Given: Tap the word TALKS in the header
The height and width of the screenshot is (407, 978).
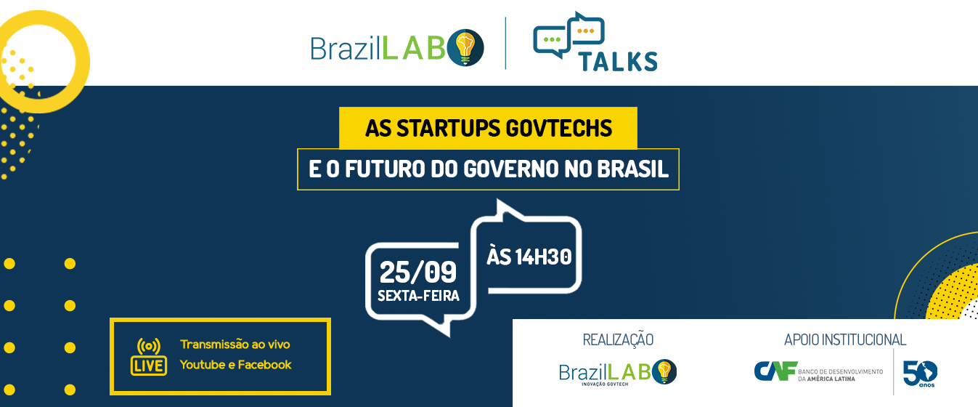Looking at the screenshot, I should click(618, 61).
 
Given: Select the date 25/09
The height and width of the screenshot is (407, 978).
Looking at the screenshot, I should click(417, 273).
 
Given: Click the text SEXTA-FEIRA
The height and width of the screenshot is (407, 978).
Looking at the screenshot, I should click(418, 296).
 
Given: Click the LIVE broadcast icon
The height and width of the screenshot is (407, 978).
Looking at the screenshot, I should click(148, 355).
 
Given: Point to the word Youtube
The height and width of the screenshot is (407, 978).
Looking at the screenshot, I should click(202, 365).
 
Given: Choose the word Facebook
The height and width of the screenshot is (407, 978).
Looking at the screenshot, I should click(265, 365).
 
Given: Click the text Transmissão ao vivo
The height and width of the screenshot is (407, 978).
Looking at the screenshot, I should click(235, 344).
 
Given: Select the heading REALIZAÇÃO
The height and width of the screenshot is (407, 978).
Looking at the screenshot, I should click(618, 339).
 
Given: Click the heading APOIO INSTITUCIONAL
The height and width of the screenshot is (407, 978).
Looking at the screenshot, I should click(845, 339).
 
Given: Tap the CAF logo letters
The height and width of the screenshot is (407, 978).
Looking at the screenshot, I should click(775, 371).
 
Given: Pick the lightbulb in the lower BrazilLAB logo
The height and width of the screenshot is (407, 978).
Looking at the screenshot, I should click(663, 371).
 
